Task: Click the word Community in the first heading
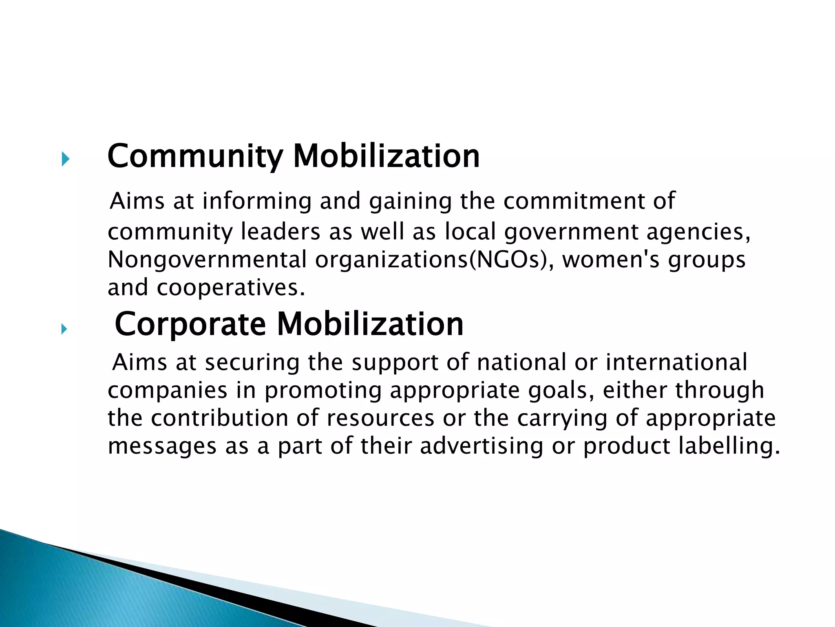tap(195, 156)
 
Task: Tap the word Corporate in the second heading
tap(190, 325)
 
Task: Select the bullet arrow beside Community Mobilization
tap(65, 159)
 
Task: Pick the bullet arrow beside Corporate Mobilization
tap(64, 329)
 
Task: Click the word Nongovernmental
tap(207, 260)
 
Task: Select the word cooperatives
tap(231, 288)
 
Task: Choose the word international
tap(676, 362)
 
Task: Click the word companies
tap(167, 391)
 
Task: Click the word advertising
tap(481, 446)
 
